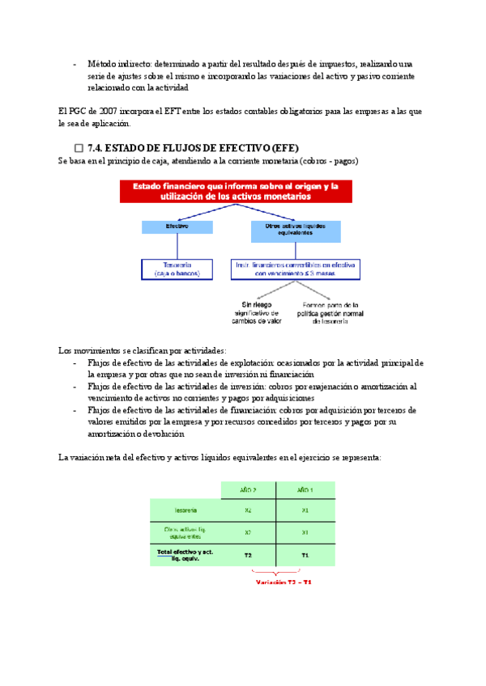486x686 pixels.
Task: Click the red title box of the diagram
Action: (241, 192)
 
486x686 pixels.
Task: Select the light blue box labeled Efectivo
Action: (177, 227)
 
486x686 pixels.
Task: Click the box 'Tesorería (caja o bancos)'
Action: (177, 269)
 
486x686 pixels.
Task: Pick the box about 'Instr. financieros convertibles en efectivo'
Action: (298, 269)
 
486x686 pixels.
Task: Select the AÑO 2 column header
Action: (248, 490)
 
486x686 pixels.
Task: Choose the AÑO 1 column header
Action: (305, 490)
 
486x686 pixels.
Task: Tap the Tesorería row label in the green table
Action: (185, 510)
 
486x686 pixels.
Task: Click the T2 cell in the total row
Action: (248, 555)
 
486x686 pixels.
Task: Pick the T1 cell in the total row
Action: (305, 555)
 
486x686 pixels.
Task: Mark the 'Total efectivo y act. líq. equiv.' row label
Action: (185, 555)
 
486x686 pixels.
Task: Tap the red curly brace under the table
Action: (277, 573)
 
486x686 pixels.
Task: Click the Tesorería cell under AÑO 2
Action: (248, 510)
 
